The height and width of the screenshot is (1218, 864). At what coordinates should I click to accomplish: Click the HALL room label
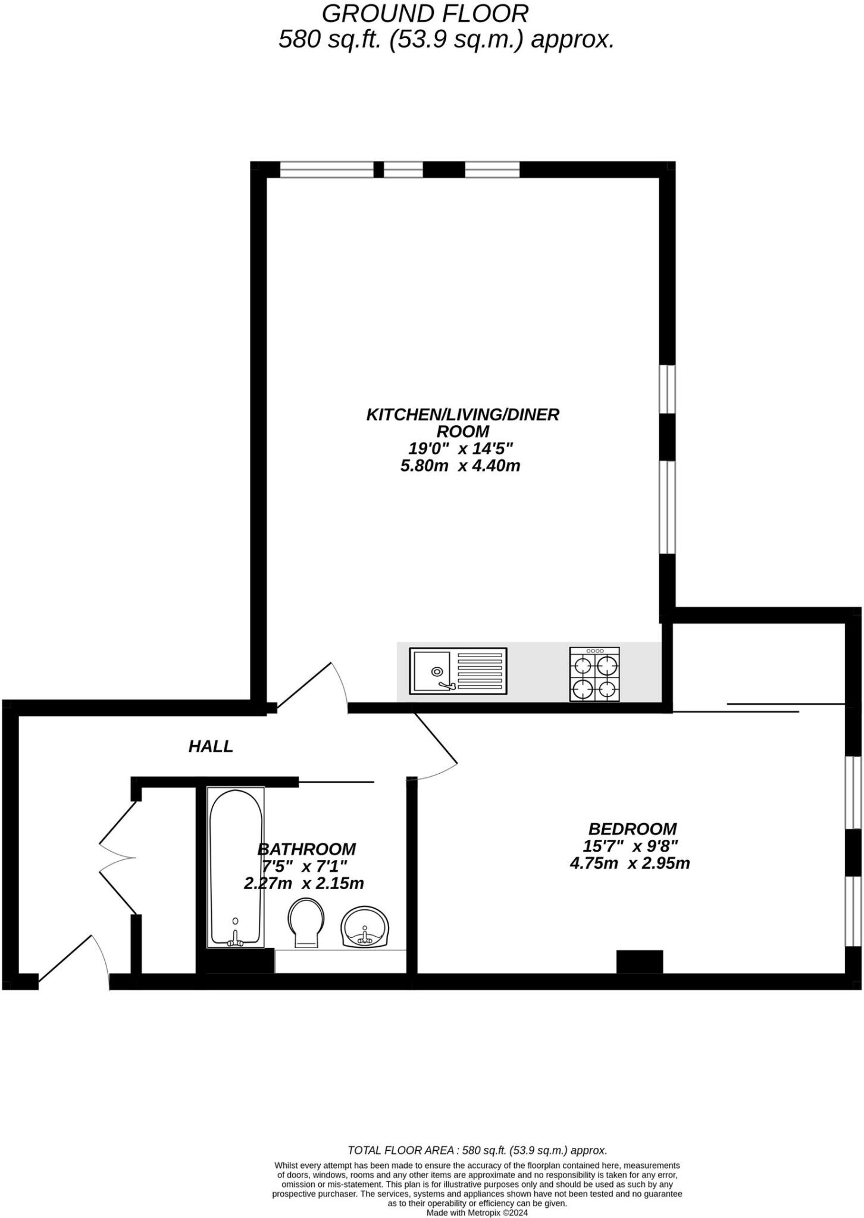click(211, 746)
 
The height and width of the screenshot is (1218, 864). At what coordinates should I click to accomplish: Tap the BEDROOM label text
click(632, 828)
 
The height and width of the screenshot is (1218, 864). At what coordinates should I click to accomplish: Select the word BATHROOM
click(306, 849)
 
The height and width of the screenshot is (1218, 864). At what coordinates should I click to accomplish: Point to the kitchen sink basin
click(433, 671)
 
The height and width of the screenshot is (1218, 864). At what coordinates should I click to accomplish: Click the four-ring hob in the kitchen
click(594, 674)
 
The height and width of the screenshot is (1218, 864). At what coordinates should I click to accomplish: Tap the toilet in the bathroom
click(306, 921)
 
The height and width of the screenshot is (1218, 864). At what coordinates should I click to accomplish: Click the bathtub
click(236, 868)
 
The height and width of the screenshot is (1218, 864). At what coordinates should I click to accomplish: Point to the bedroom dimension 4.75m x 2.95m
click(630, 863)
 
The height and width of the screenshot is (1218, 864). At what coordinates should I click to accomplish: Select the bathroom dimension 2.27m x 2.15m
click(303, 883)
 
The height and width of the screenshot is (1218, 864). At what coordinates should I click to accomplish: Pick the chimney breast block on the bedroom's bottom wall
click(639, 961)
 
